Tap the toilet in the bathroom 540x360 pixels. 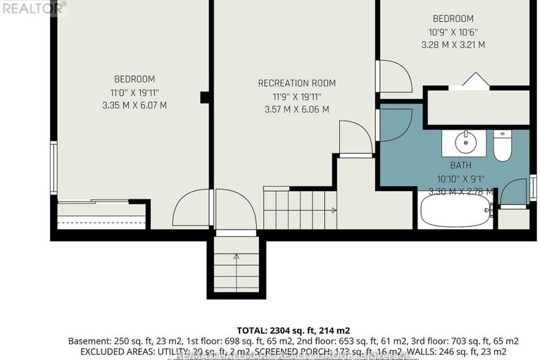(502, 145)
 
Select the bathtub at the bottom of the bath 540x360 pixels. (455, 211)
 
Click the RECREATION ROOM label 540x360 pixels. (294, 83)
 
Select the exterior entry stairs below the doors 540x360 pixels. (235, 267)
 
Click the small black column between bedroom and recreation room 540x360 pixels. (204, 97)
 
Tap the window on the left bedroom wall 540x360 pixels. (53, 167)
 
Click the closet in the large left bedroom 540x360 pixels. (102, 216)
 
